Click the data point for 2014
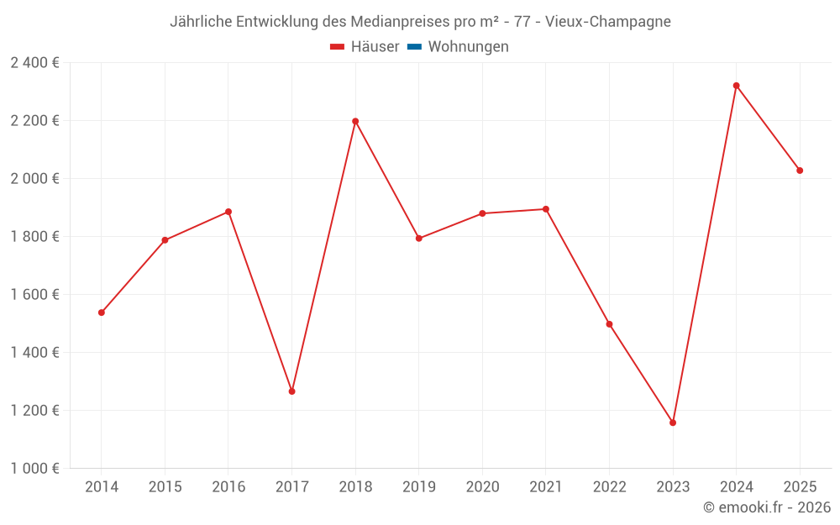coord(102,312)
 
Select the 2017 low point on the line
coord(291,391)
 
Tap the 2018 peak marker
coord(355,121)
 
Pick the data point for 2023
coord(673,423)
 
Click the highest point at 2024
coord(736,86)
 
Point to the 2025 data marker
coord(800,171)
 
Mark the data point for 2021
coord(546,209)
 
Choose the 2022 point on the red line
coord(609,324)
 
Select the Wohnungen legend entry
coord(468,47)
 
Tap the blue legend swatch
coord(414,47)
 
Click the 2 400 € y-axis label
coord(34,62)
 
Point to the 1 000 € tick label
coord(34,468)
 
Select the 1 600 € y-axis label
coord(34,294)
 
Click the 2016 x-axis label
coord(228,486)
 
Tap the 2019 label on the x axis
coord(419,486)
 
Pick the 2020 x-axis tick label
coord(482,486)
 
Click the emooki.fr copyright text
coord(767,507)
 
